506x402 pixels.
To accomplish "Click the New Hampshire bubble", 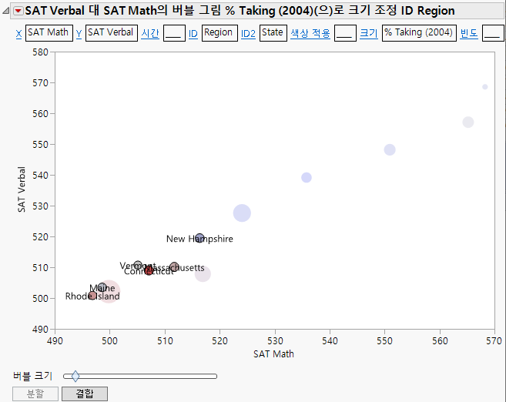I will pos(199,238).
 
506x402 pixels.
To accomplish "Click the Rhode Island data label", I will pos(92,296).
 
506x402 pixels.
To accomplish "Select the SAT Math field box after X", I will pos(49,33).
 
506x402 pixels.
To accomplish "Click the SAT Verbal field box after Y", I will pos(110,33).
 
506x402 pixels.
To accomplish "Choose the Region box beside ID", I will pos(219,33).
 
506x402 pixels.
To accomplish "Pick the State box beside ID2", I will pos(272,33).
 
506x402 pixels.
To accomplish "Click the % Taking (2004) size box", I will pos(418,33).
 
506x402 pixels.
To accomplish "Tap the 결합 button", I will pos(85,394).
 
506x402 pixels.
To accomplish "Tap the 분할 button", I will pos(35,394).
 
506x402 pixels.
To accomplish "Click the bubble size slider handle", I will pos(75,377).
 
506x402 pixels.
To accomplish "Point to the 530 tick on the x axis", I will pos(275,340).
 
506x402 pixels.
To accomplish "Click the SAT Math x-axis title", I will pos(273,354).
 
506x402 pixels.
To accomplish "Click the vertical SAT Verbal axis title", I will pos(22,189).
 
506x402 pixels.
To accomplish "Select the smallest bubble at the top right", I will pos(484,87).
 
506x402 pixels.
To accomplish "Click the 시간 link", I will pos(150,33).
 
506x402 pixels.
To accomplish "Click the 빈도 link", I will pos(468,33).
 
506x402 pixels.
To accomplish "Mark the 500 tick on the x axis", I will pos(110,340).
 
